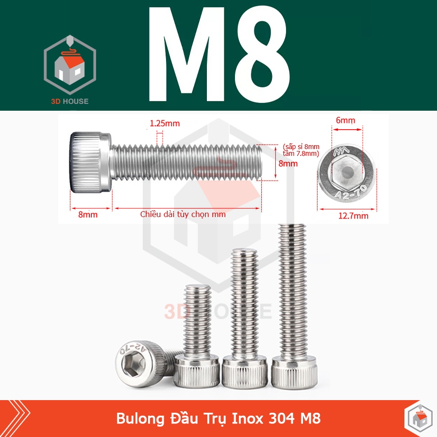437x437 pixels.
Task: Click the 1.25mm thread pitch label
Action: [x=164, y=123]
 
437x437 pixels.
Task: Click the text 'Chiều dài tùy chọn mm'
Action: [x=183, y=214]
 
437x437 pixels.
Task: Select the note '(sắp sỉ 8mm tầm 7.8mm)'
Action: [x=301, y=150]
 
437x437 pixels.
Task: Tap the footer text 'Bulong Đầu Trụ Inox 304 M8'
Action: [x=218, y=419]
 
